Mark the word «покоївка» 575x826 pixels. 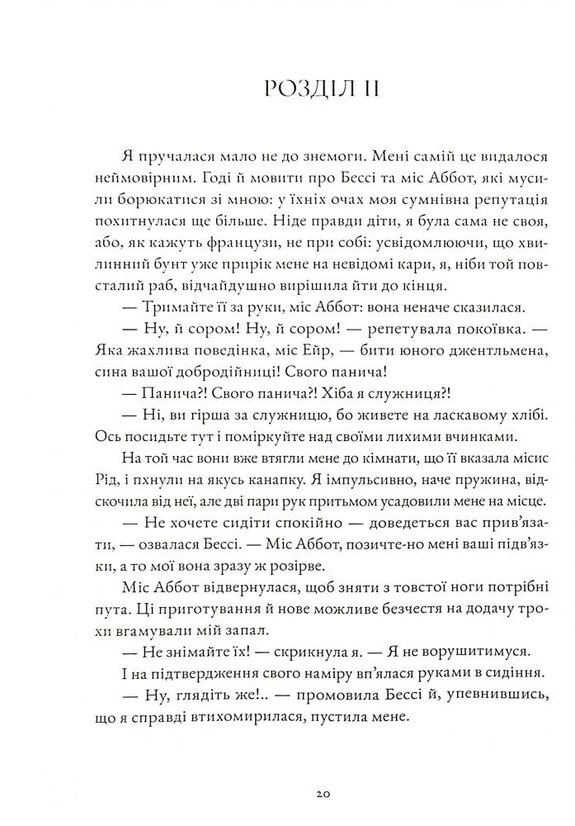[469, 329]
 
